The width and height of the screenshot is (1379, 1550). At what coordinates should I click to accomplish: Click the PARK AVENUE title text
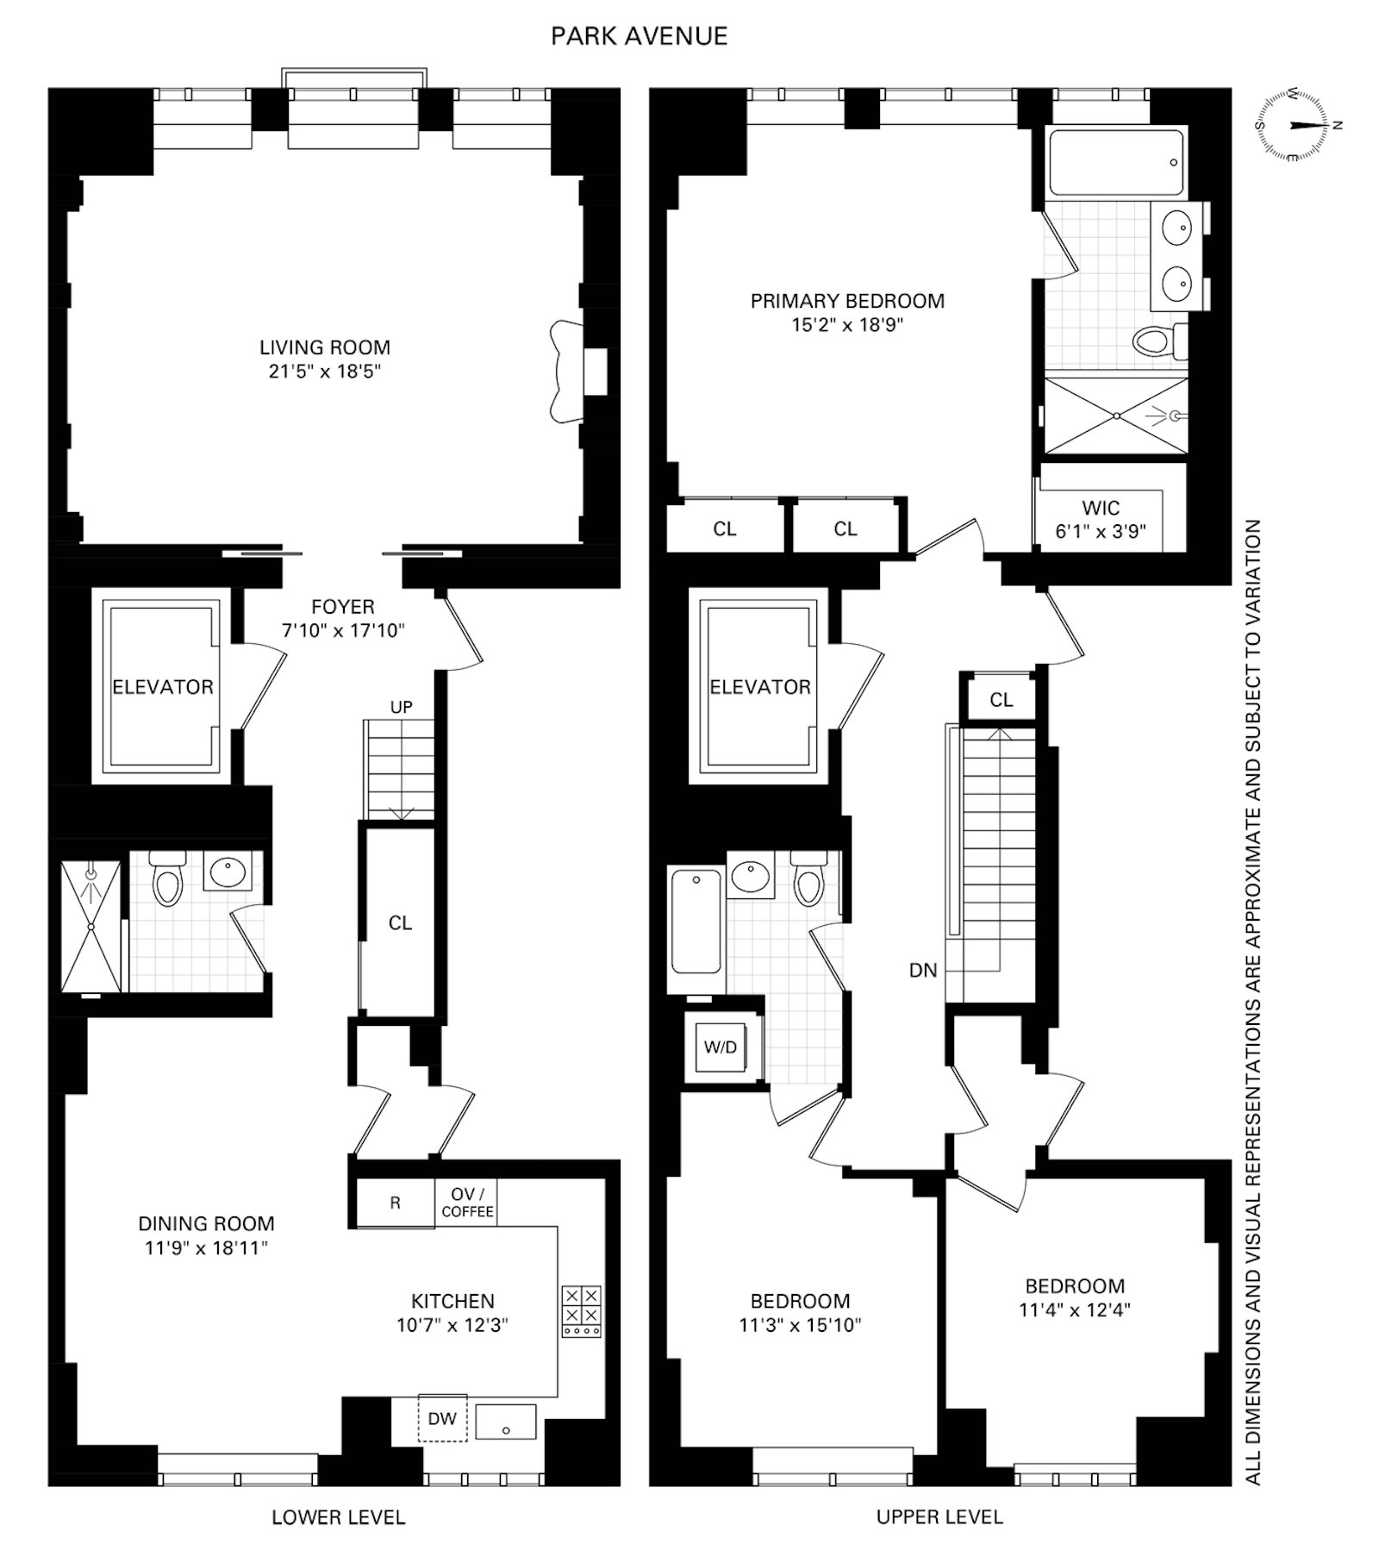[x=639, y=36]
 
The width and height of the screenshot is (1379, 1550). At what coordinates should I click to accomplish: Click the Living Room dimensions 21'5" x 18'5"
[x=324, y=372]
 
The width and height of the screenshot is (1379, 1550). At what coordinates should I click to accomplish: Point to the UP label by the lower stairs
[x=401, y=707]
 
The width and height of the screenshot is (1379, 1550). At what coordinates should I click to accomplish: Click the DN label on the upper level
[x=922, y=970]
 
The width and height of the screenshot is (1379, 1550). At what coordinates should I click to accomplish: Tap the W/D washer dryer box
[x=721, y=1047]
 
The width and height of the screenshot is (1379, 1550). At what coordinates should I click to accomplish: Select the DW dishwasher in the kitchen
[x=442, y=1418]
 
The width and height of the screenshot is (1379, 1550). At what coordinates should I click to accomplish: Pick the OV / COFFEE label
[x=467, y=1203]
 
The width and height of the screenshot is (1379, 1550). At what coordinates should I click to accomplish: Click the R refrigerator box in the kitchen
[x=395, y=1203]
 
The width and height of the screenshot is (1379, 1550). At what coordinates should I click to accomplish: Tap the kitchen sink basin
[x=506, y=1422]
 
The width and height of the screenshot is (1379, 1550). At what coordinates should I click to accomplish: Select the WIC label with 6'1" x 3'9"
[x=1101, y=519]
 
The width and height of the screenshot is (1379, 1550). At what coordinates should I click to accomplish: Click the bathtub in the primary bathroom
[x=1115, y=163]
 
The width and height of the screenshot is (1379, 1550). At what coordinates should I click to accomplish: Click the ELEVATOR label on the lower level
[x=163, y=687]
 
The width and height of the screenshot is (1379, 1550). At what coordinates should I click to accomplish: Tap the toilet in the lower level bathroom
[x=166, y=879]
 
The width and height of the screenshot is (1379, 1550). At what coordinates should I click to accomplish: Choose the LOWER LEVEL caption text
[x=338, y=1517]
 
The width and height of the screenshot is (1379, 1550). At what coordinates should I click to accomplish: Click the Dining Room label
[x=206, y=1223]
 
